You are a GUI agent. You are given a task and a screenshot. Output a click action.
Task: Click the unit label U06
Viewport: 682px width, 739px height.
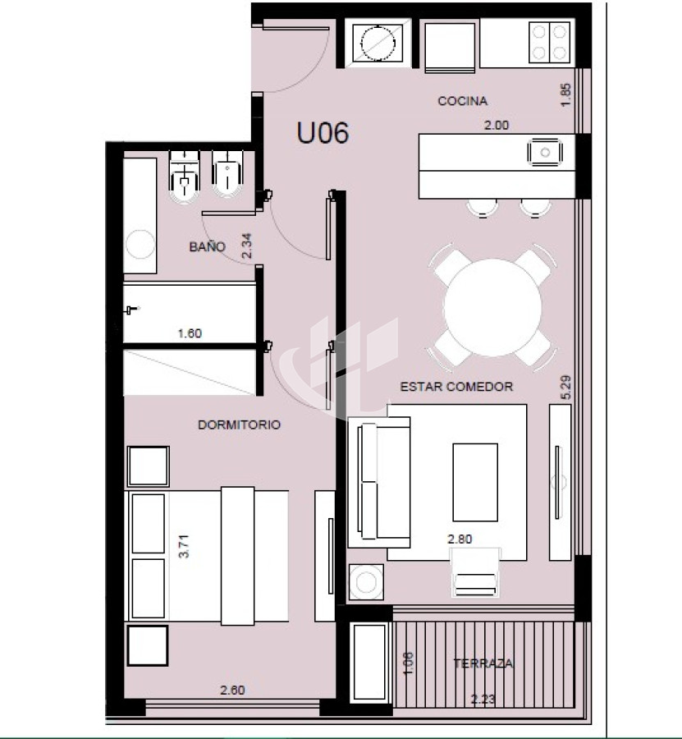323,132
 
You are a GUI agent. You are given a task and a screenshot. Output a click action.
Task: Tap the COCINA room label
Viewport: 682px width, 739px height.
463,101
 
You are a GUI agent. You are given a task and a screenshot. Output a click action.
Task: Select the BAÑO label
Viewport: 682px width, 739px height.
208,246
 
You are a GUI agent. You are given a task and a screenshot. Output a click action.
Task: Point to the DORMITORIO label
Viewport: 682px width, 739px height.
240,425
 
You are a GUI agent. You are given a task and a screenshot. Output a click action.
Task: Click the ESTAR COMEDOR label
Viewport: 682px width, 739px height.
456,387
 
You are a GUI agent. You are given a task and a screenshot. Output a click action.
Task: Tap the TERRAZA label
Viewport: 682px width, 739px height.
483,663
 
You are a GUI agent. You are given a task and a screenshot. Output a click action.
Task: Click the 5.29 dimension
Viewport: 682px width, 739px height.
566,387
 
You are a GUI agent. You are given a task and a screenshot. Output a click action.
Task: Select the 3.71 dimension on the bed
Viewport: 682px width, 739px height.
184,546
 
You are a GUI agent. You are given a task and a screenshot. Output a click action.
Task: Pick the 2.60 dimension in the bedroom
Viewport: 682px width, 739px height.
232,690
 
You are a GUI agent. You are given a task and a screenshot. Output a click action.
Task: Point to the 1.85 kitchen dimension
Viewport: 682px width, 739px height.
565,94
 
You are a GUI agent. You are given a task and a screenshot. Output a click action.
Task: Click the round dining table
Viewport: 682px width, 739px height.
492,307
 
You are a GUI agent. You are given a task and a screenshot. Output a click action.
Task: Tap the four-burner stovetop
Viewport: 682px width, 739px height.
549,43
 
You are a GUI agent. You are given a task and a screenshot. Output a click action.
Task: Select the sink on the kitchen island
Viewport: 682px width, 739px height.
546,152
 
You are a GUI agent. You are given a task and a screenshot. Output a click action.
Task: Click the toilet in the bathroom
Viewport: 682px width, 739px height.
184,177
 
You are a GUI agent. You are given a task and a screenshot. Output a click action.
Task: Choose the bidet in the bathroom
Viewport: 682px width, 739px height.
227,174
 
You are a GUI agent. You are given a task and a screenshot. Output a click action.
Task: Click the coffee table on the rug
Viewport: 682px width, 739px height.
475,482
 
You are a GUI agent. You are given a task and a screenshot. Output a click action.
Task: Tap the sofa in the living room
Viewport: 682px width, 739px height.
379,482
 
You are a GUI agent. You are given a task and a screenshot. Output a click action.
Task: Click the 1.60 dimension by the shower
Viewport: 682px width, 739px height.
190,333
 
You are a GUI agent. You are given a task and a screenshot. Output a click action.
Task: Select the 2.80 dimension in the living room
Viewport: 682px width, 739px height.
460,539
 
